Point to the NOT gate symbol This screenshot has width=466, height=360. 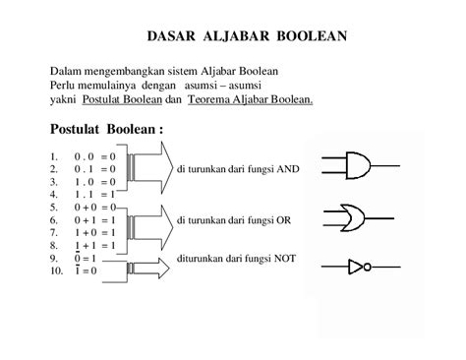click(x=360, y=265)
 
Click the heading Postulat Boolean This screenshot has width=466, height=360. click(x=105, y=129)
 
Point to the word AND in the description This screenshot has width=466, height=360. click(x=286, y=168)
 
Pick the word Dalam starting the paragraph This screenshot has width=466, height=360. click(x=65, y=71)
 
